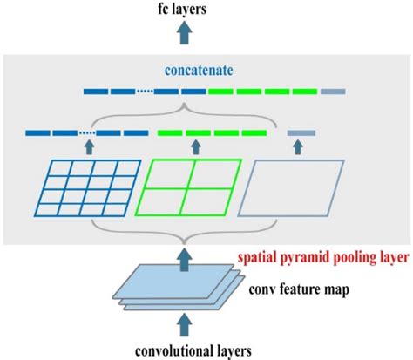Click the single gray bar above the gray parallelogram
coord(301,133)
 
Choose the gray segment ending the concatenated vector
coord(333,91)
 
